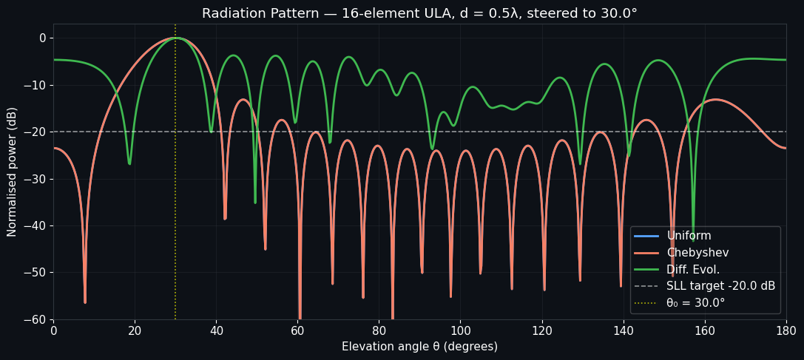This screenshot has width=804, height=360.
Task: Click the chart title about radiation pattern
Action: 419,13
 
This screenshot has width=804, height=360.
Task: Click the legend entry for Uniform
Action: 689,236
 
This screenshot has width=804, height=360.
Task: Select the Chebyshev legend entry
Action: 697,253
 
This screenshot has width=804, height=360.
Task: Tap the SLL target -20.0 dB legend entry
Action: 720,286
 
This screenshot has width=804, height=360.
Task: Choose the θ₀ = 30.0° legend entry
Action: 695,303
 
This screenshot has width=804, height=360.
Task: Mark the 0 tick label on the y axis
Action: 42,38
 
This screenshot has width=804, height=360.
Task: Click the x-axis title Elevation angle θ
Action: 419,347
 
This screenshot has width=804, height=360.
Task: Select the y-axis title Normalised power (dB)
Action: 13,171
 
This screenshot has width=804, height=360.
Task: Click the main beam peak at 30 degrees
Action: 175,38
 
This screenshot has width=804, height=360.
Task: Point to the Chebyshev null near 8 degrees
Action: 85,301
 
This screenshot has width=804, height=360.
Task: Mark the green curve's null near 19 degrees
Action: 129,163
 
